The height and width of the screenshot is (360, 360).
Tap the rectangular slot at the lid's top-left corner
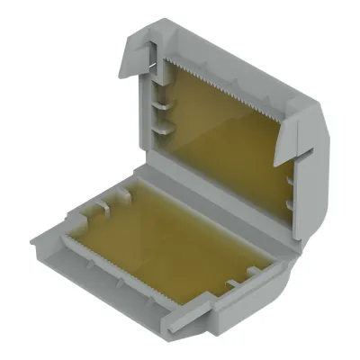coord(155,65)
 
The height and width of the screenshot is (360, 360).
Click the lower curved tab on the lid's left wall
coord(160,131)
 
